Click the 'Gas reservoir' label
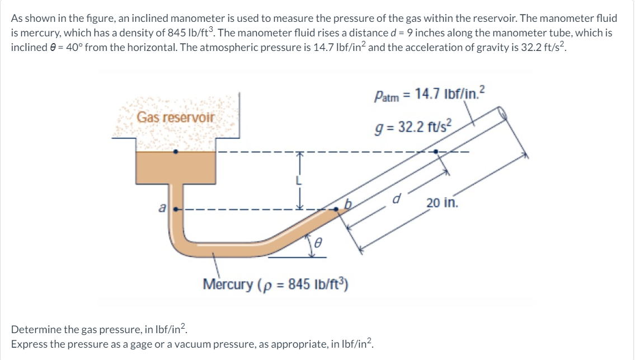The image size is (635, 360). coord(175,117)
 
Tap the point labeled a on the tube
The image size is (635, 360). coord(176,209)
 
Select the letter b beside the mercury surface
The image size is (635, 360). coord(348,203)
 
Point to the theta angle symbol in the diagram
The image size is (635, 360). coord(318,243)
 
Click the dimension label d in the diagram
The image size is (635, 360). coord(397,199)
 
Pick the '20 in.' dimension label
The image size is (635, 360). coord(442,202)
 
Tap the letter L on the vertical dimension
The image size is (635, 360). coord(299,180)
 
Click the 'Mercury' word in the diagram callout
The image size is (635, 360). coord(228,284)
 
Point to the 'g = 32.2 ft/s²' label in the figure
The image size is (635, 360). coord(413,127)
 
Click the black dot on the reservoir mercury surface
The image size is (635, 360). coord(175,152)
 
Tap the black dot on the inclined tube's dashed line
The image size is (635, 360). coord(436,152)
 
